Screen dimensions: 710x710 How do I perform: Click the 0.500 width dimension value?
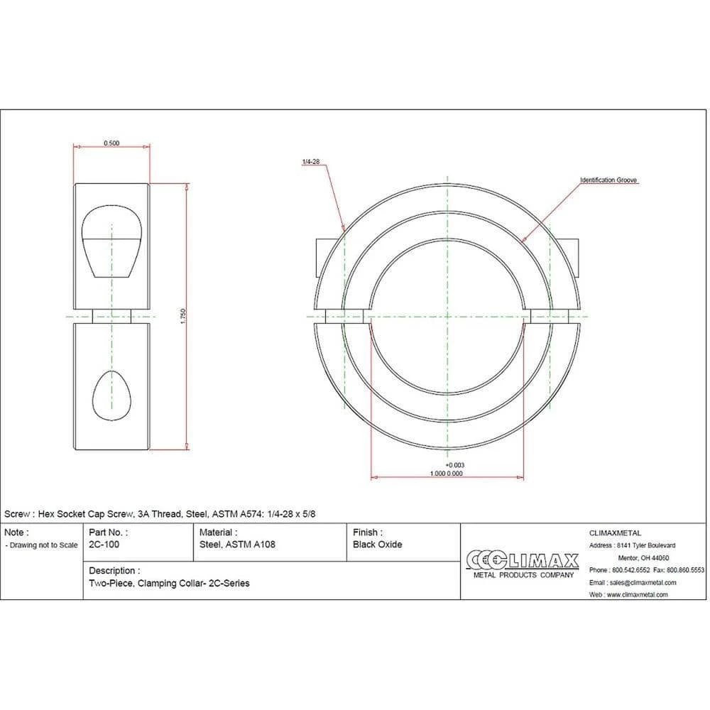[111, 143]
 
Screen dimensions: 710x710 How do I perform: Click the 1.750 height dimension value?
[183, 317]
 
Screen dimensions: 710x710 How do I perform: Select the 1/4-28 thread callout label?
[311, 162]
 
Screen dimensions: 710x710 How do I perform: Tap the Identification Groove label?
[608, 180]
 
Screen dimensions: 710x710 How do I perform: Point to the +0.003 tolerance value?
[455, 465]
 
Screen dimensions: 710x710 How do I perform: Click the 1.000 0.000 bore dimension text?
[447, 474]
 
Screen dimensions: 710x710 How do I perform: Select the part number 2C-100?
[104, 545]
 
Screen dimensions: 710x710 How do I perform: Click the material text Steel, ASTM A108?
[237, 545]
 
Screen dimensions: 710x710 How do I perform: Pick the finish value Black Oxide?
[378, 545]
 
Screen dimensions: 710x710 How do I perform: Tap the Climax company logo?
[523, 564]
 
